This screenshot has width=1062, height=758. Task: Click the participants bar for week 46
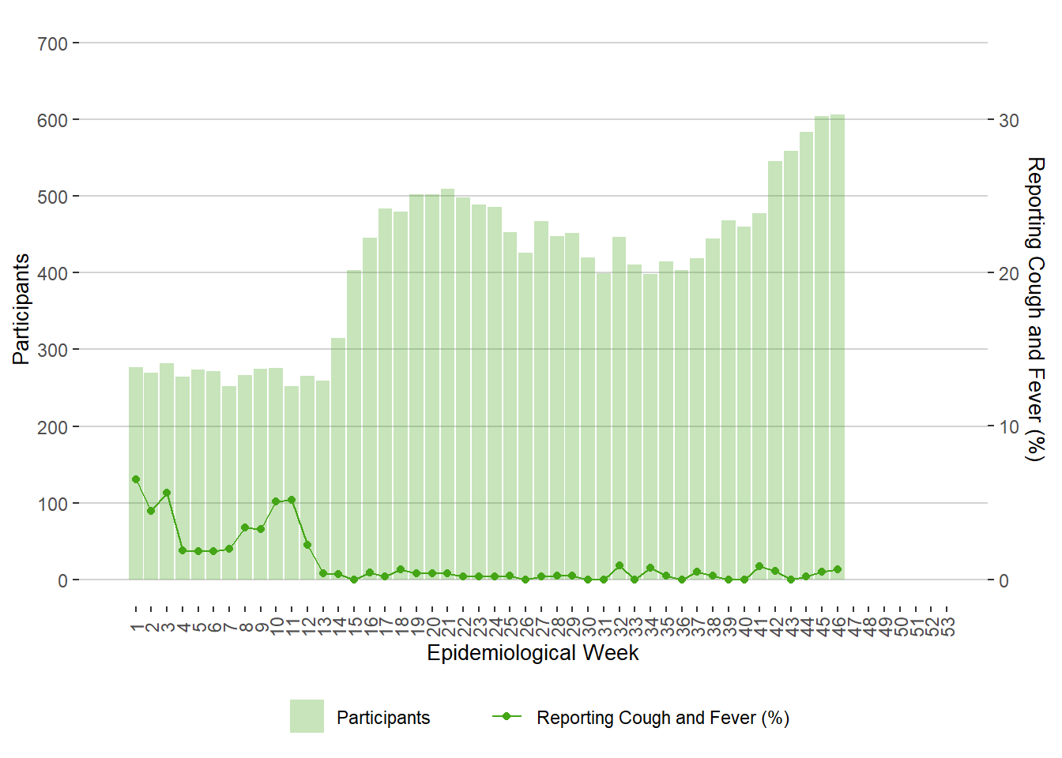(x=838, y=347)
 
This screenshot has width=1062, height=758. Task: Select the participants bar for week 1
(x=136, y=474)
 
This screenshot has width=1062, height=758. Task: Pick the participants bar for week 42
(x=775, y=370)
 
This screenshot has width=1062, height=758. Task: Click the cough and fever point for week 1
(x=136, y=479)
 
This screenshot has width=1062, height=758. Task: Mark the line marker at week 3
(x=167, y=493)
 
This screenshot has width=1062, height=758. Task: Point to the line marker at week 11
(x=292, y=500)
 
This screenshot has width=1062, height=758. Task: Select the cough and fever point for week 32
(x=619, y=565)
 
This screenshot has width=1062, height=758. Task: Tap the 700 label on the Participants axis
(x=52, y=43)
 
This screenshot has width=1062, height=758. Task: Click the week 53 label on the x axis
(x=947, y=627)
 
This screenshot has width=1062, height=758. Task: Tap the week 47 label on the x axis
(x=853, y=627)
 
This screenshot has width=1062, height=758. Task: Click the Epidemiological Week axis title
(x=533, y=653)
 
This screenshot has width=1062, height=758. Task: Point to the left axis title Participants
(x=21, y=309)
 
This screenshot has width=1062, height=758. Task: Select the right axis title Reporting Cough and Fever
(x=1034, y=309)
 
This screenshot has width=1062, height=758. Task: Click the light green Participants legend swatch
(x=307, y=716)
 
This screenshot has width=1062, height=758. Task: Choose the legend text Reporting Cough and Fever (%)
(x=662, y=718)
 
